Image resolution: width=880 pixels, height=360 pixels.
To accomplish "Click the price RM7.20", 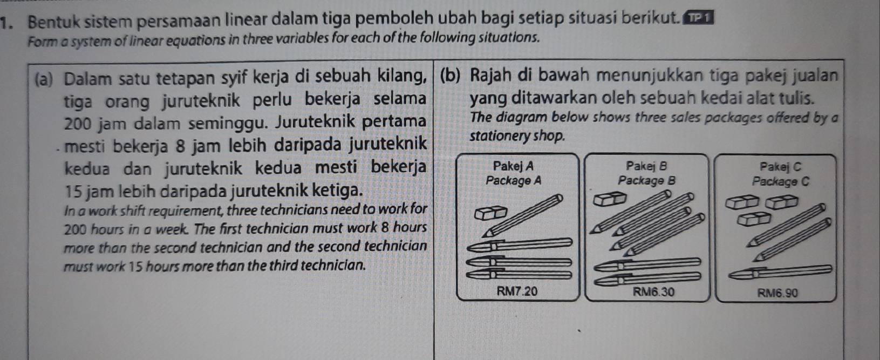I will click(517, 291).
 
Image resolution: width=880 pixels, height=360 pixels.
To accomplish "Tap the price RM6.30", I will click(653, 292).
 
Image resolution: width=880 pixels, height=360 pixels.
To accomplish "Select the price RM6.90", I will click(777, 293).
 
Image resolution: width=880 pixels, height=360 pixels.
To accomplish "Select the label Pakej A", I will click(513, 166).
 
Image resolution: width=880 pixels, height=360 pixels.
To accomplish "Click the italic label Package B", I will click(646, 180).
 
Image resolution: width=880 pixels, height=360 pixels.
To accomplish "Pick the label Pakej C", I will click(780, 166).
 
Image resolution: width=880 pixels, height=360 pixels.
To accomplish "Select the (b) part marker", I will click(450, 75).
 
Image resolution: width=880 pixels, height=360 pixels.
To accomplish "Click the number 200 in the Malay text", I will click(78, 123).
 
